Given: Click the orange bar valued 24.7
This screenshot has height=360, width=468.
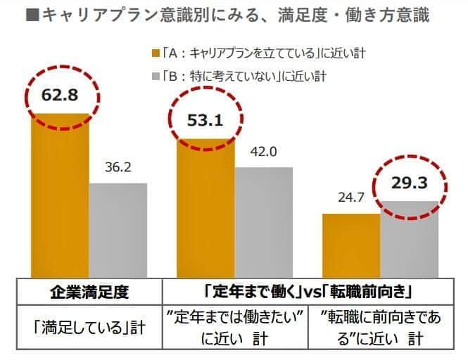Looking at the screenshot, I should point(351,245).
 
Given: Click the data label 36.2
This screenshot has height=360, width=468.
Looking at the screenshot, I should point(118,169).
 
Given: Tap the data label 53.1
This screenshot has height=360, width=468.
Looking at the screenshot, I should point(205,120).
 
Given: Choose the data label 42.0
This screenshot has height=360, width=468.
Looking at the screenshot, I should point(264,153).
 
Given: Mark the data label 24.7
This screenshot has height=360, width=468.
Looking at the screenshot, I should point(351,199).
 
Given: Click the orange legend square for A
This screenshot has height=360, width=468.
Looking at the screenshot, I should point(156,52).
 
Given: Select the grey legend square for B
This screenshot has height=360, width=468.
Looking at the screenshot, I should point(156,74).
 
